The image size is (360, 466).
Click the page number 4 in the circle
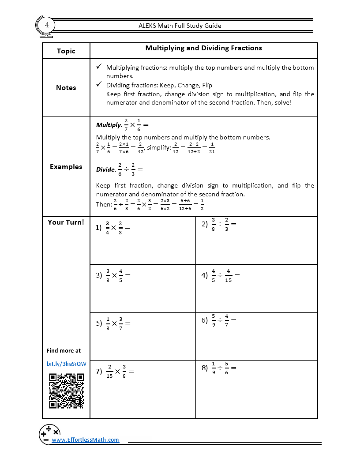click(x=47, y=25)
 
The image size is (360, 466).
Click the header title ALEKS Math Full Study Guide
click(x=180, y=26)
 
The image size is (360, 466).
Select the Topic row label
click(x=66, y=51)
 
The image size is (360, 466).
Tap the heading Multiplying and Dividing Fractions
click(x=203, y=48)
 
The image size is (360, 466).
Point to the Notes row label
click(x=66, y=88)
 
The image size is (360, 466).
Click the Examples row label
click(x=66, y=167)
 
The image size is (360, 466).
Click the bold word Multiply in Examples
click(x=108, y=125)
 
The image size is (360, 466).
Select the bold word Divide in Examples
click(x=106, y=169)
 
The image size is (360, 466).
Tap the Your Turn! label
click(x=66, y=222)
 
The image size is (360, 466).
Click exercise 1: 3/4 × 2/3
click(x=113, y=228)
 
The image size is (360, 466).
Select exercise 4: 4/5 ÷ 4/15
click(x=221, y=275)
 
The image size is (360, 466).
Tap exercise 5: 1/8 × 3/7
click(x=113, y=323)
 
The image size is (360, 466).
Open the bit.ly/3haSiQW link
click(x=66, y=364)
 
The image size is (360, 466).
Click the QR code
click(x=66, y=391)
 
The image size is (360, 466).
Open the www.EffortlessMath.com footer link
click(x=86, y=440)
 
